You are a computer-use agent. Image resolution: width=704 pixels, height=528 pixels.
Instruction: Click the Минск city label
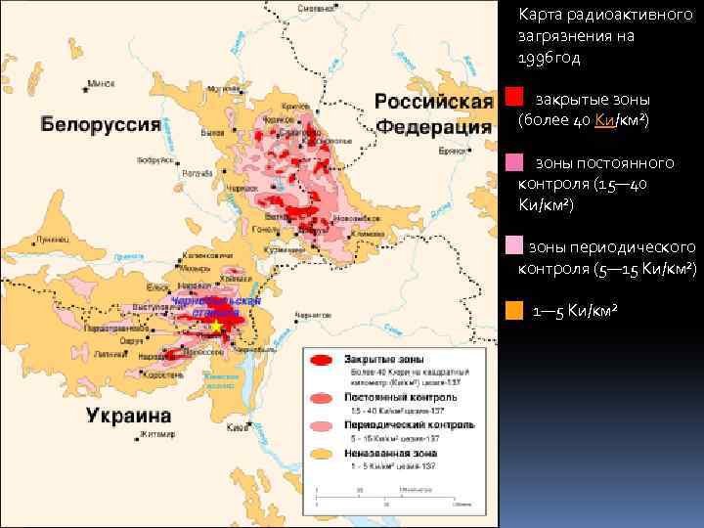coord(102,84)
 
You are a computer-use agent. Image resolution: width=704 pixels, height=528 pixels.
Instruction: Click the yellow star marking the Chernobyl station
coord(216,326)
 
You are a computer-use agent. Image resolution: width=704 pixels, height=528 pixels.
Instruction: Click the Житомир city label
coord(155,433)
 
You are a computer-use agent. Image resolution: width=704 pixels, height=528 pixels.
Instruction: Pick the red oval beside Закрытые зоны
coord(322,361)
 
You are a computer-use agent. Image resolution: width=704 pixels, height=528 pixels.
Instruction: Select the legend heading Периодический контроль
coord(408,426)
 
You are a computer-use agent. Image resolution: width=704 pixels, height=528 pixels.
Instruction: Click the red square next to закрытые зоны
coord(514,97)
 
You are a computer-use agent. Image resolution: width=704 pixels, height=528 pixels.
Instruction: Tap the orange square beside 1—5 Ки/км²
coord(514,312)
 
